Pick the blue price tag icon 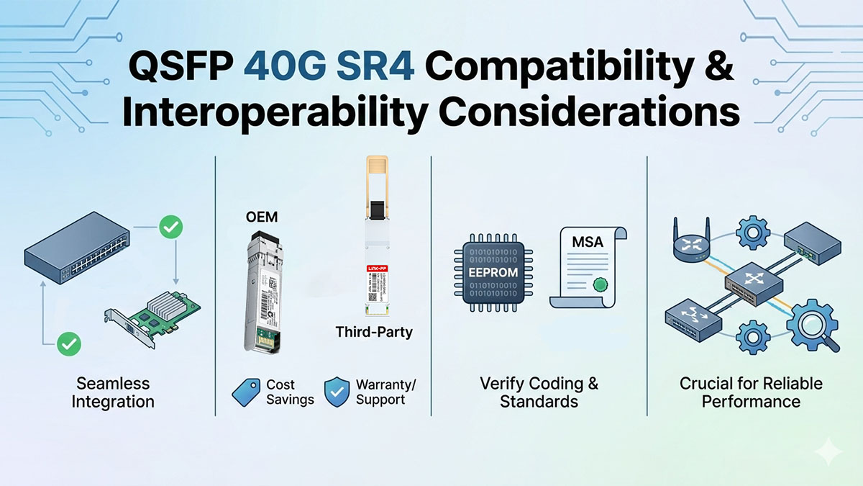pos(245,392)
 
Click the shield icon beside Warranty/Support pos(336,392)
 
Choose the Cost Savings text pos(290,392)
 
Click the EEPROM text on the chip pos(493,273)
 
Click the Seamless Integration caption pos(113,392)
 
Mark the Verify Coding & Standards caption pos(539,392)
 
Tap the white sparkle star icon pos(829,451)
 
